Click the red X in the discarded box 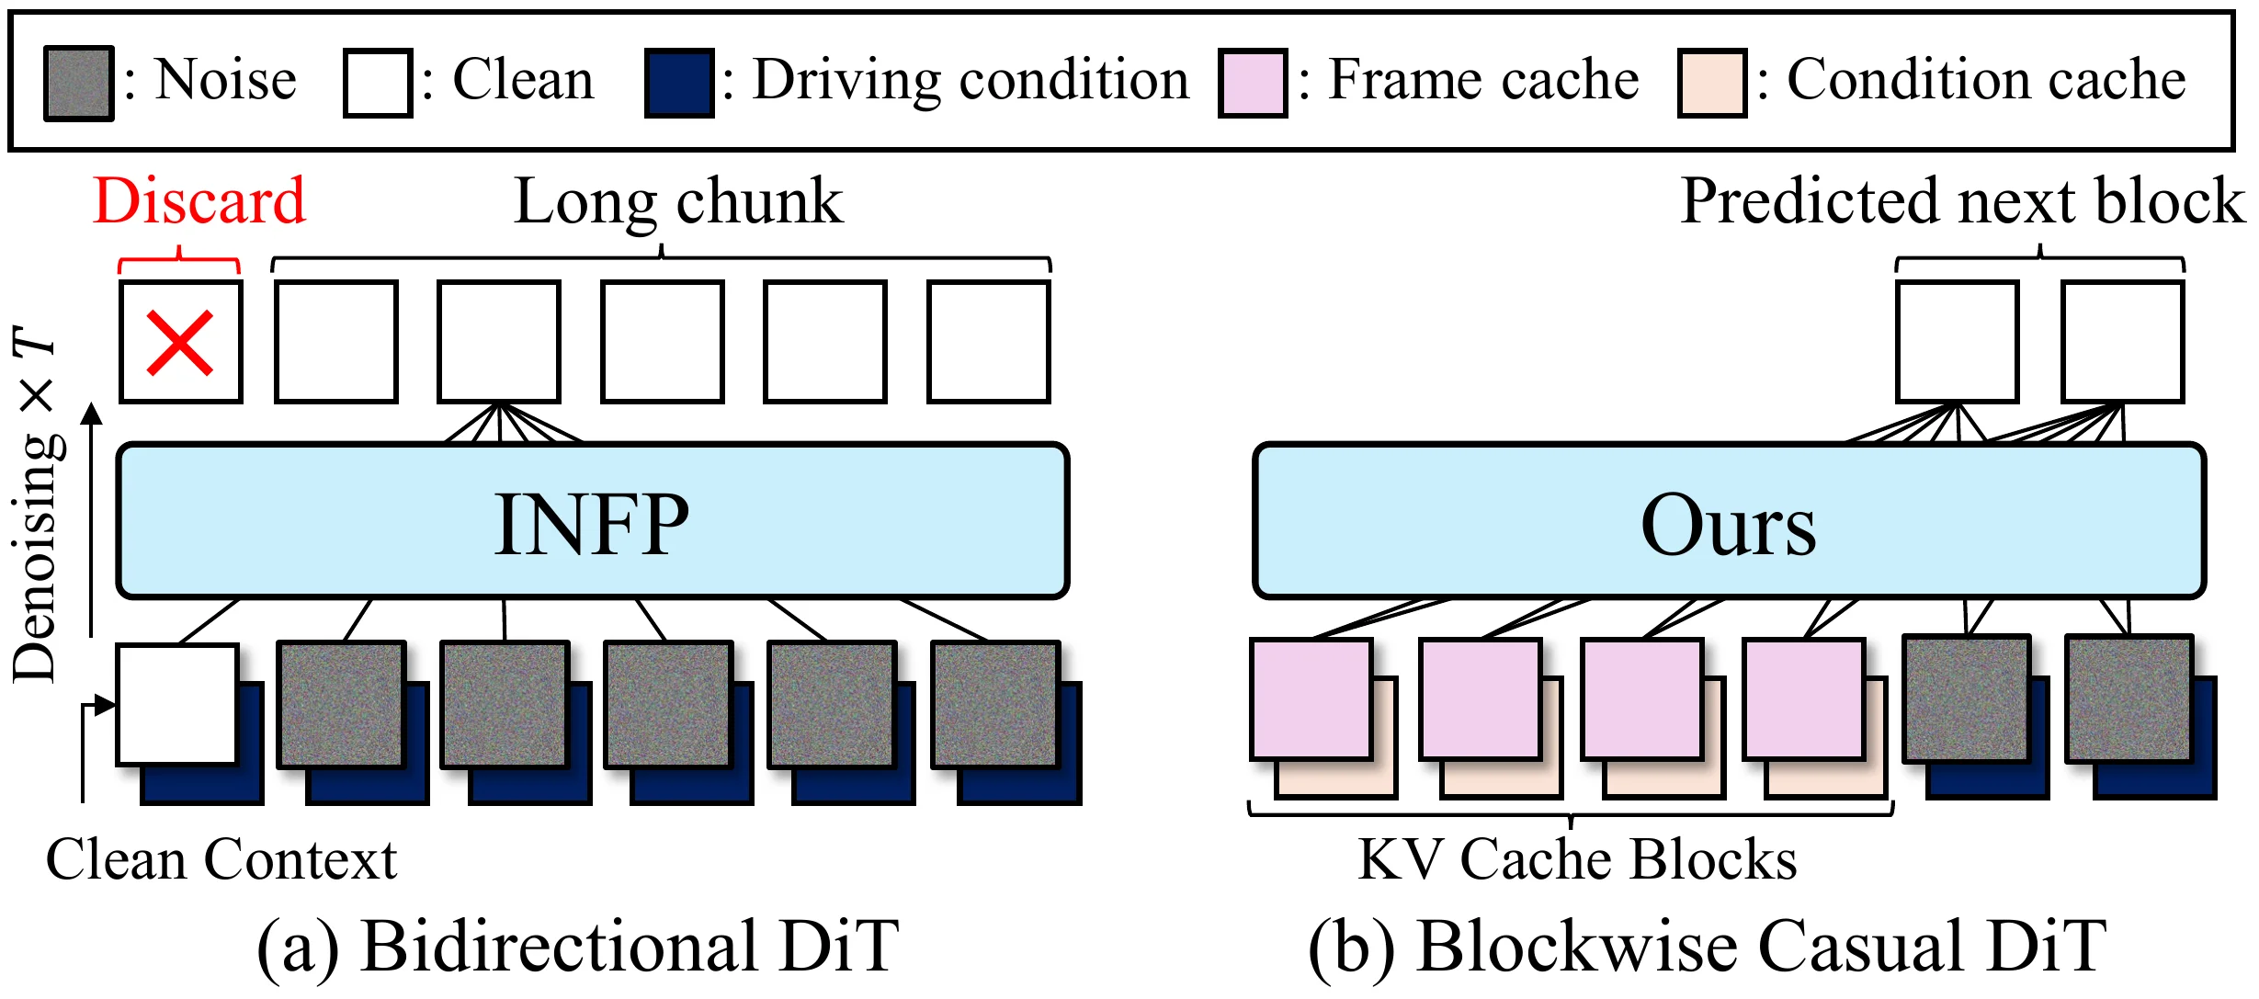[x=180, y=343]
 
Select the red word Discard [x=199, y=200]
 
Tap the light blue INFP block [x=593, y=521]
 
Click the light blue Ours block [x=1729, y=521]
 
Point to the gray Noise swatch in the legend [x=79, y=83]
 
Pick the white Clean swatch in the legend [x=378, y=83]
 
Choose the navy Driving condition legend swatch [x=679, y=83]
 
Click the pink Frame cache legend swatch [x=1253, y=83]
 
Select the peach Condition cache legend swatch [x=1712, y=83]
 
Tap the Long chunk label [x=678, y=201]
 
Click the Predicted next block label [x=1962, y=200]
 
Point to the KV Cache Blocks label [x=1577, y=859]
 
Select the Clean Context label [x=221, y=859]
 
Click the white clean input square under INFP [x=177, y=705]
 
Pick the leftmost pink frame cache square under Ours [x=1311, y=699]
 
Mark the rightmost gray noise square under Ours [x=2129, y=698]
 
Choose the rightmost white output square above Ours [x=2123, y=342]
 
